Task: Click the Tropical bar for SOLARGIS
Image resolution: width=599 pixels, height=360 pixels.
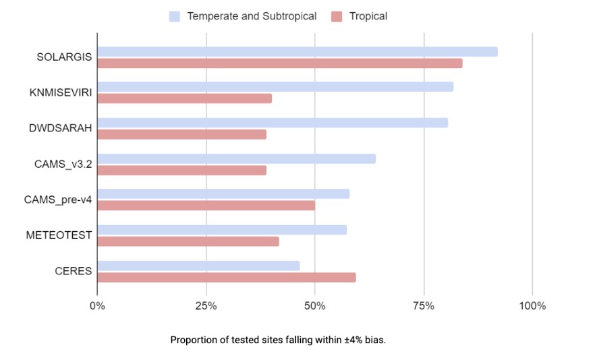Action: [280, 63]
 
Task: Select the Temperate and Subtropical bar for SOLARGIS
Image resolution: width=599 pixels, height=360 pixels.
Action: [297, 52]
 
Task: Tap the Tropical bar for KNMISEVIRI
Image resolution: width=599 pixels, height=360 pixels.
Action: [185, 98]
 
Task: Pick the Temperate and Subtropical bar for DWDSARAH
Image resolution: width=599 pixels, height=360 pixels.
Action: [273, 123]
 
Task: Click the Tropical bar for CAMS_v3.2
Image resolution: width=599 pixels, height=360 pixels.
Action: [182, 170]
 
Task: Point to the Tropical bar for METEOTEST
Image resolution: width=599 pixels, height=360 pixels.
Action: [188, 241]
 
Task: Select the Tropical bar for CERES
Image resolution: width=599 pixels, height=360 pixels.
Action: [227, 277]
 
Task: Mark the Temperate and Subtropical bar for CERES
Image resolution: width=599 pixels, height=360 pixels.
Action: [199, 266]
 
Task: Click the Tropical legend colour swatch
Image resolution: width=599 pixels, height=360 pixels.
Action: [337, 16]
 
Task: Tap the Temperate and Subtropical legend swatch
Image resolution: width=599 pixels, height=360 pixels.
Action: [175, 16]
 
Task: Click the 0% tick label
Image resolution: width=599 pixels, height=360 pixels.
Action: [97, 306]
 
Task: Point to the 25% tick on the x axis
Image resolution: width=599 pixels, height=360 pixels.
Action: [206, 306]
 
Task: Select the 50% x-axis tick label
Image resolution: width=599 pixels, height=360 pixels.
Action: [315, 306]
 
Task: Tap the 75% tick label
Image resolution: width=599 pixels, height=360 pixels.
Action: [424, 306]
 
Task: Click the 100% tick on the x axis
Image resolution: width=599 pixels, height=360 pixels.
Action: [532, 306]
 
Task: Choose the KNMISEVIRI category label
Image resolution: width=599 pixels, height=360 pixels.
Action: [63, 92]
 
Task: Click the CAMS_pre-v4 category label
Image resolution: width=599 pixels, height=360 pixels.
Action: [58, 200]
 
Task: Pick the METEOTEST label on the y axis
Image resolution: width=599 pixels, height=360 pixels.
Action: [59, 235]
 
